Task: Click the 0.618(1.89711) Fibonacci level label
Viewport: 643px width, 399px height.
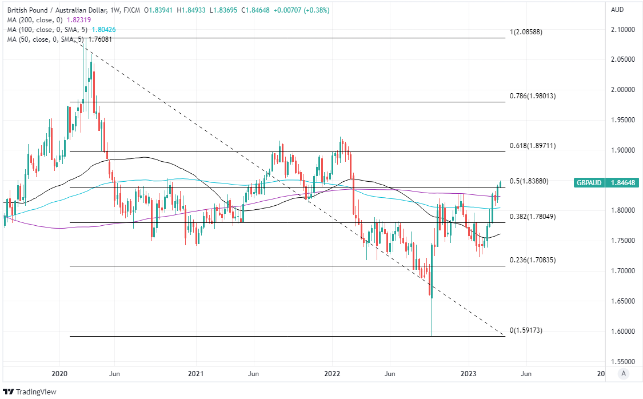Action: click(x=532, y=146)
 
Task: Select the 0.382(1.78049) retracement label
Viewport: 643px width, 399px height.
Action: click(x=532, y=217)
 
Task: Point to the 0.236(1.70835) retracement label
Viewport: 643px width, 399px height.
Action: click(x=532, y=260)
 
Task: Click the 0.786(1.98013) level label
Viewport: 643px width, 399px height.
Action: click(x=532, y=96)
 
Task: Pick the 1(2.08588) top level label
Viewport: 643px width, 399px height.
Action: click(x=526, y=32)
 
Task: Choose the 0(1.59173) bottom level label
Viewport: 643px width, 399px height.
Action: click(x=526, y=330)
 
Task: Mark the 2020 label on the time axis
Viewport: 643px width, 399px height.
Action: click(x=59, y=374)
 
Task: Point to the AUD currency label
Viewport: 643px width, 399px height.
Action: click(x=617, y=10)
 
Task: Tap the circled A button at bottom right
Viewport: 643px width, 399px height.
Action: click(x=624, y=374)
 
